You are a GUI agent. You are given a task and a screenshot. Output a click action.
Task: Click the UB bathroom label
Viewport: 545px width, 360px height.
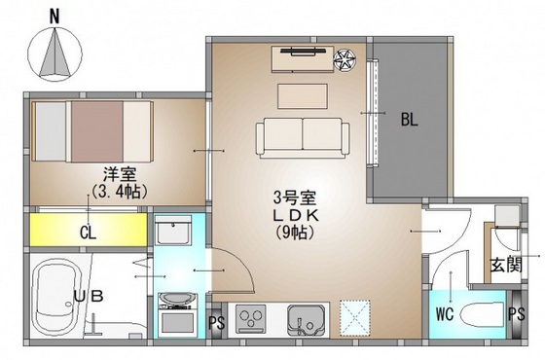click(x=88, y=292)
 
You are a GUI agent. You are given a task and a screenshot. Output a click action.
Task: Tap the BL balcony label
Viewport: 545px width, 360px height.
click(x=410, y=122)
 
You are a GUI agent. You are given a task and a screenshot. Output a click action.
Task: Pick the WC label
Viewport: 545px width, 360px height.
click(x=445, y=314)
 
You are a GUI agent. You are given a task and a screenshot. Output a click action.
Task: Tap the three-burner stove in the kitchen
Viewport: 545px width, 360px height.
click(x=252, y=318)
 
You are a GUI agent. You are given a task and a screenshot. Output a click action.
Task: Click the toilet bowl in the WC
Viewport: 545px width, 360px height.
click(x=479, y=315)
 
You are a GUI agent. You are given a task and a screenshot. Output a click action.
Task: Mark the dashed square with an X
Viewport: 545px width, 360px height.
click(x=356, y=317)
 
